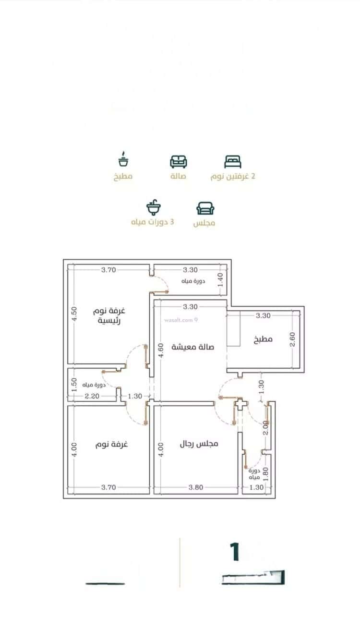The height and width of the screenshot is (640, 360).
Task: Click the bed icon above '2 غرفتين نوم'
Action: [x=233, y=161]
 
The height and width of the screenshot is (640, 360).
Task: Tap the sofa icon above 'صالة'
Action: [x=179, y=161]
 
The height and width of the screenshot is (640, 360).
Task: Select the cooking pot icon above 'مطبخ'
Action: [x=123, y=160]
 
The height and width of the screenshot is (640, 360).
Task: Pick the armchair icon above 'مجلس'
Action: [x=205, y=208]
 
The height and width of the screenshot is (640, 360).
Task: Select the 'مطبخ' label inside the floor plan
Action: [x=263, y=339]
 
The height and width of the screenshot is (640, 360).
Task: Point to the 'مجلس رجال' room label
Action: [x=199, y=444]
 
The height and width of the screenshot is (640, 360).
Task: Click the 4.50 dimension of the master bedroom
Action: [x=74, y=315]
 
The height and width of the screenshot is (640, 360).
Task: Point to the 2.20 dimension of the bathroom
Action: [x=92, y=396]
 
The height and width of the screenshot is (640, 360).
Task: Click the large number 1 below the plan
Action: [x=235, y=552]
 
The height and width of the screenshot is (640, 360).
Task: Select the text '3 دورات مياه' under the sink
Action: [x=153, y=223]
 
